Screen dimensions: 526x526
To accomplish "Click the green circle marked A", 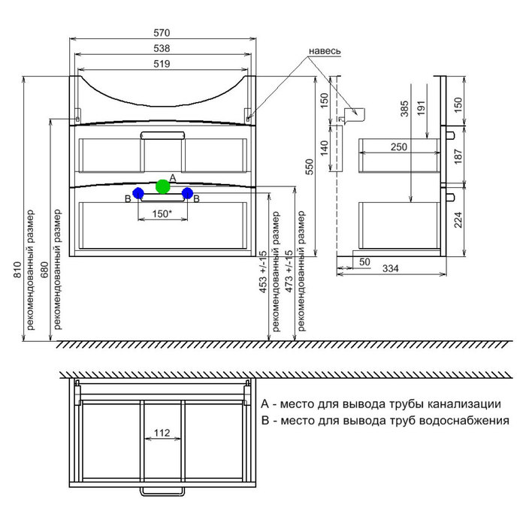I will [x=163, y=186].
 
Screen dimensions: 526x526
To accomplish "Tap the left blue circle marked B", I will [x=138, y=193].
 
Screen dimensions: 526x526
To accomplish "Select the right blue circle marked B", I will [x=188, y=193].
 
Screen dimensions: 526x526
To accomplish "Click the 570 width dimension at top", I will [x=162, y=33].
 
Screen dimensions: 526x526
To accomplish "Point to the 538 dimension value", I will [x=162, y=48].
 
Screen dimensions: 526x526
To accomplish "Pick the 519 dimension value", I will [x=162, y=64].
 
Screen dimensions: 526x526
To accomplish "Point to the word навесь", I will [x=325, y=50].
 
